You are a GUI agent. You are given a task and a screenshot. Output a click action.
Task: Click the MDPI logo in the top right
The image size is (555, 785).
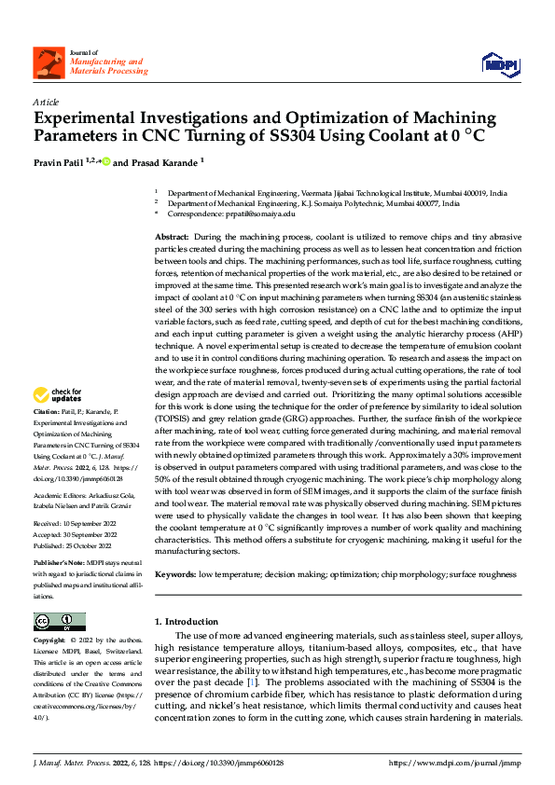point(496,62)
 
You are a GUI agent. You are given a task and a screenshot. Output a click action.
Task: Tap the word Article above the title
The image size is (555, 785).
point(46,102)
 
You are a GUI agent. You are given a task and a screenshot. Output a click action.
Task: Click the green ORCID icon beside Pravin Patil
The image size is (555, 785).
point(106,162)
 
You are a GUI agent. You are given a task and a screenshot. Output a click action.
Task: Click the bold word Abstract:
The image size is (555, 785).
point(172,239)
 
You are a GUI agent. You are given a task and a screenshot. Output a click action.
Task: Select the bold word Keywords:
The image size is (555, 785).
point(175,575)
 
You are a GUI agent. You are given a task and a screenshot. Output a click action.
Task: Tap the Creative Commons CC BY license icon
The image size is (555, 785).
point(59,622)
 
